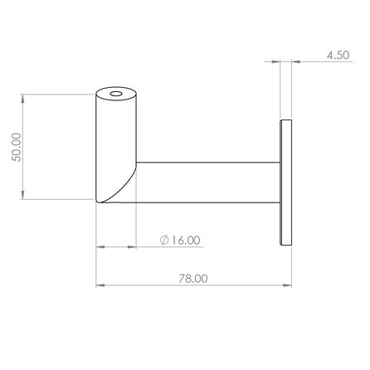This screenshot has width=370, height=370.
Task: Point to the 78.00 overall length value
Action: pyautogui.click(x=192, y=279)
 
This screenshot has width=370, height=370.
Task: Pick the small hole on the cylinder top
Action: pyautogui.click(x=115, y=95)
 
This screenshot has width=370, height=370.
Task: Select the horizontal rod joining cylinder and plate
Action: pyautogui.click(x=207, y=184)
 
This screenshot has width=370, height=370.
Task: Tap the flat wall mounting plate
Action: pyautogui.click(x=288, y=183)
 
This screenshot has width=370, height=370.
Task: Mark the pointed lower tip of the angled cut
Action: pyautogui.click(x=97, y=202)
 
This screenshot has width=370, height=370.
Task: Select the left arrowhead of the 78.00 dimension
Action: pyautogui.click(x=100, y=287)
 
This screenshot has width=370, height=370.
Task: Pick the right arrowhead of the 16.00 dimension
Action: pyautogui.click(x=132, y=247)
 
